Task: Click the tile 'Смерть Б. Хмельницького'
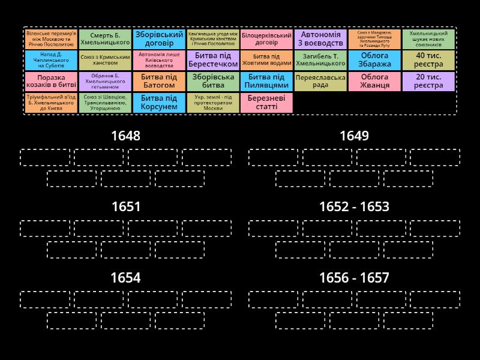105,39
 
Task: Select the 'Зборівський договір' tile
159,39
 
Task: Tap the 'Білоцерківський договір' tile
266,39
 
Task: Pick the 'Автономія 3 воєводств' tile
320,39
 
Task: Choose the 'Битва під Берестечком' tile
213,60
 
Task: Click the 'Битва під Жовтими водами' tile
266,60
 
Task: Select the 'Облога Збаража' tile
374,60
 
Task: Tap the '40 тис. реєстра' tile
428,60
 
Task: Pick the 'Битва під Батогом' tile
159,81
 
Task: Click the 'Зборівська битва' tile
213,81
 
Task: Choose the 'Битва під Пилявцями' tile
266,81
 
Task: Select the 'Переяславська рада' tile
320,81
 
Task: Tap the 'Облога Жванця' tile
374,81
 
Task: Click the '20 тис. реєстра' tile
428,81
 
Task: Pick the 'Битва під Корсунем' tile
159,103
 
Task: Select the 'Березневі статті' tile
266,103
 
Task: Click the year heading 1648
126,136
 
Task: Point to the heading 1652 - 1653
354,207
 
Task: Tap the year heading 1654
126,278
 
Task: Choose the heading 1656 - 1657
354,278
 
